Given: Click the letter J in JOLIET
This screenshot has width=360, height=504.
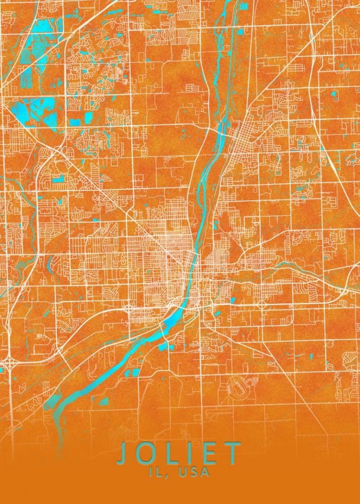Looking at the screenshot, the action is coord(122,454).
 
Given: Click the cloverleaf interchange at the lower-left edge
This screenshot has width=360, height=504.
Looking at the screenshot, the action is coord(10,362).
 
